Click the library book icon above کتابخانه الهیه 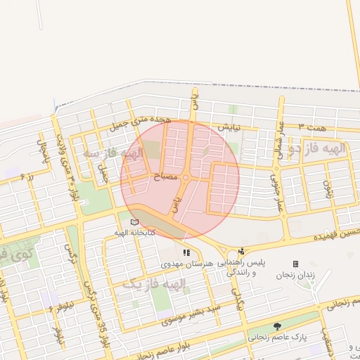134,223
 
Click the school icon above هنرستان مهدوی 186,252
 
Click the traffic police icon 242,251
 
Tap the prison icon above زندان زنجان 295,264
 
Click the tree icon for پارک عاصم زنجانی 277,326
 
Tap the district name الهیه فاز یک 154,284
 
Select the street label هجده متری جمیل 141,124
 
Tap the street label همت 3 312,125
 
